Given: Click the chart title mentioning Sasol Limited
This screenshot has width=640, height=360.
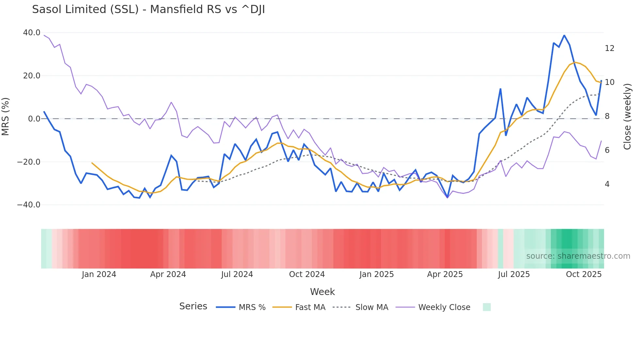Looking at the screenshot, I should (x=148, y=9).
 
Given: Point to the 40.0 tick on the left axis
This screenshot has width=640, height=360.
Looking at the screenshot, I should (x=32, y=33).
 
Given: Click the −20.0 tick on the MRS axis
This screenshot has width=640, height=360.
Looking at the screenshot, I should (x=29, y=162).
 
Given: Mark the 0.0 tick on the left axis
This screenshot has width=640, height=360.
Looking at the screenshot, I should (x=34, y=119).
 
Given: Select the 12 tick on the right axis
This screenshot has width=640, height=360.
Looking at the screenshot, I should (x=609, y=48).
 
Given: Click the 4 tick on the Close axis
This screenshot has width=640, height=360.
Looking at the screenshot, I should (x=607, y=184).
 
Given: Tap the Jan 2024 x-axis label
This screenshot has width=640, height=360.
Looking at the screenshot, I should (x=99, y=274).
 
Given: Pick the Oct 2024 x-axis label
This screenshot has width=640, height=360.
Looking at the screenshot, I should (x=307, y=274).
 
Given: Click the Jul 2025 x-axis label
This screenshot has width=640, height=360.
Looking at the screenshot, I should (x=514, y=274).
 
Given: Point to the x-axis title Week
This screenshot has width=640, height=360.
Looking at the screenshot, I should (x=322, y=292).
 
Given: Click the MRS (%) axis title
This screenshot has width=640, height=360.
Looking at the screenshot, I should (x=6, y=116).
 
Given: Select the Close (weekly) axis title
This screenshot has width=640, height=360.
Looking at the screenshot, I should (x=627, y=116).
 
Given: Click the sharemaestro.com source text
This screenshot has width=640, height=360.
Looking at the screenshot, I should (x=578, y=256).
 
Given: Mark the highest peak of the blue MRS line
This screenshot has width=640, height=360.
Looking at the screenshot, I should (x=564, y=35).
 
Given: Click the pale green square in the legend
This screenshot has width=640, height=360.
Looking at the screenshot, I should (x=487, y=307).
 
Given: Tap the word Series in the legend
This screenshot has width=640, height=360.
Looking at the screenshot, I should (x=193, y=306).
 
